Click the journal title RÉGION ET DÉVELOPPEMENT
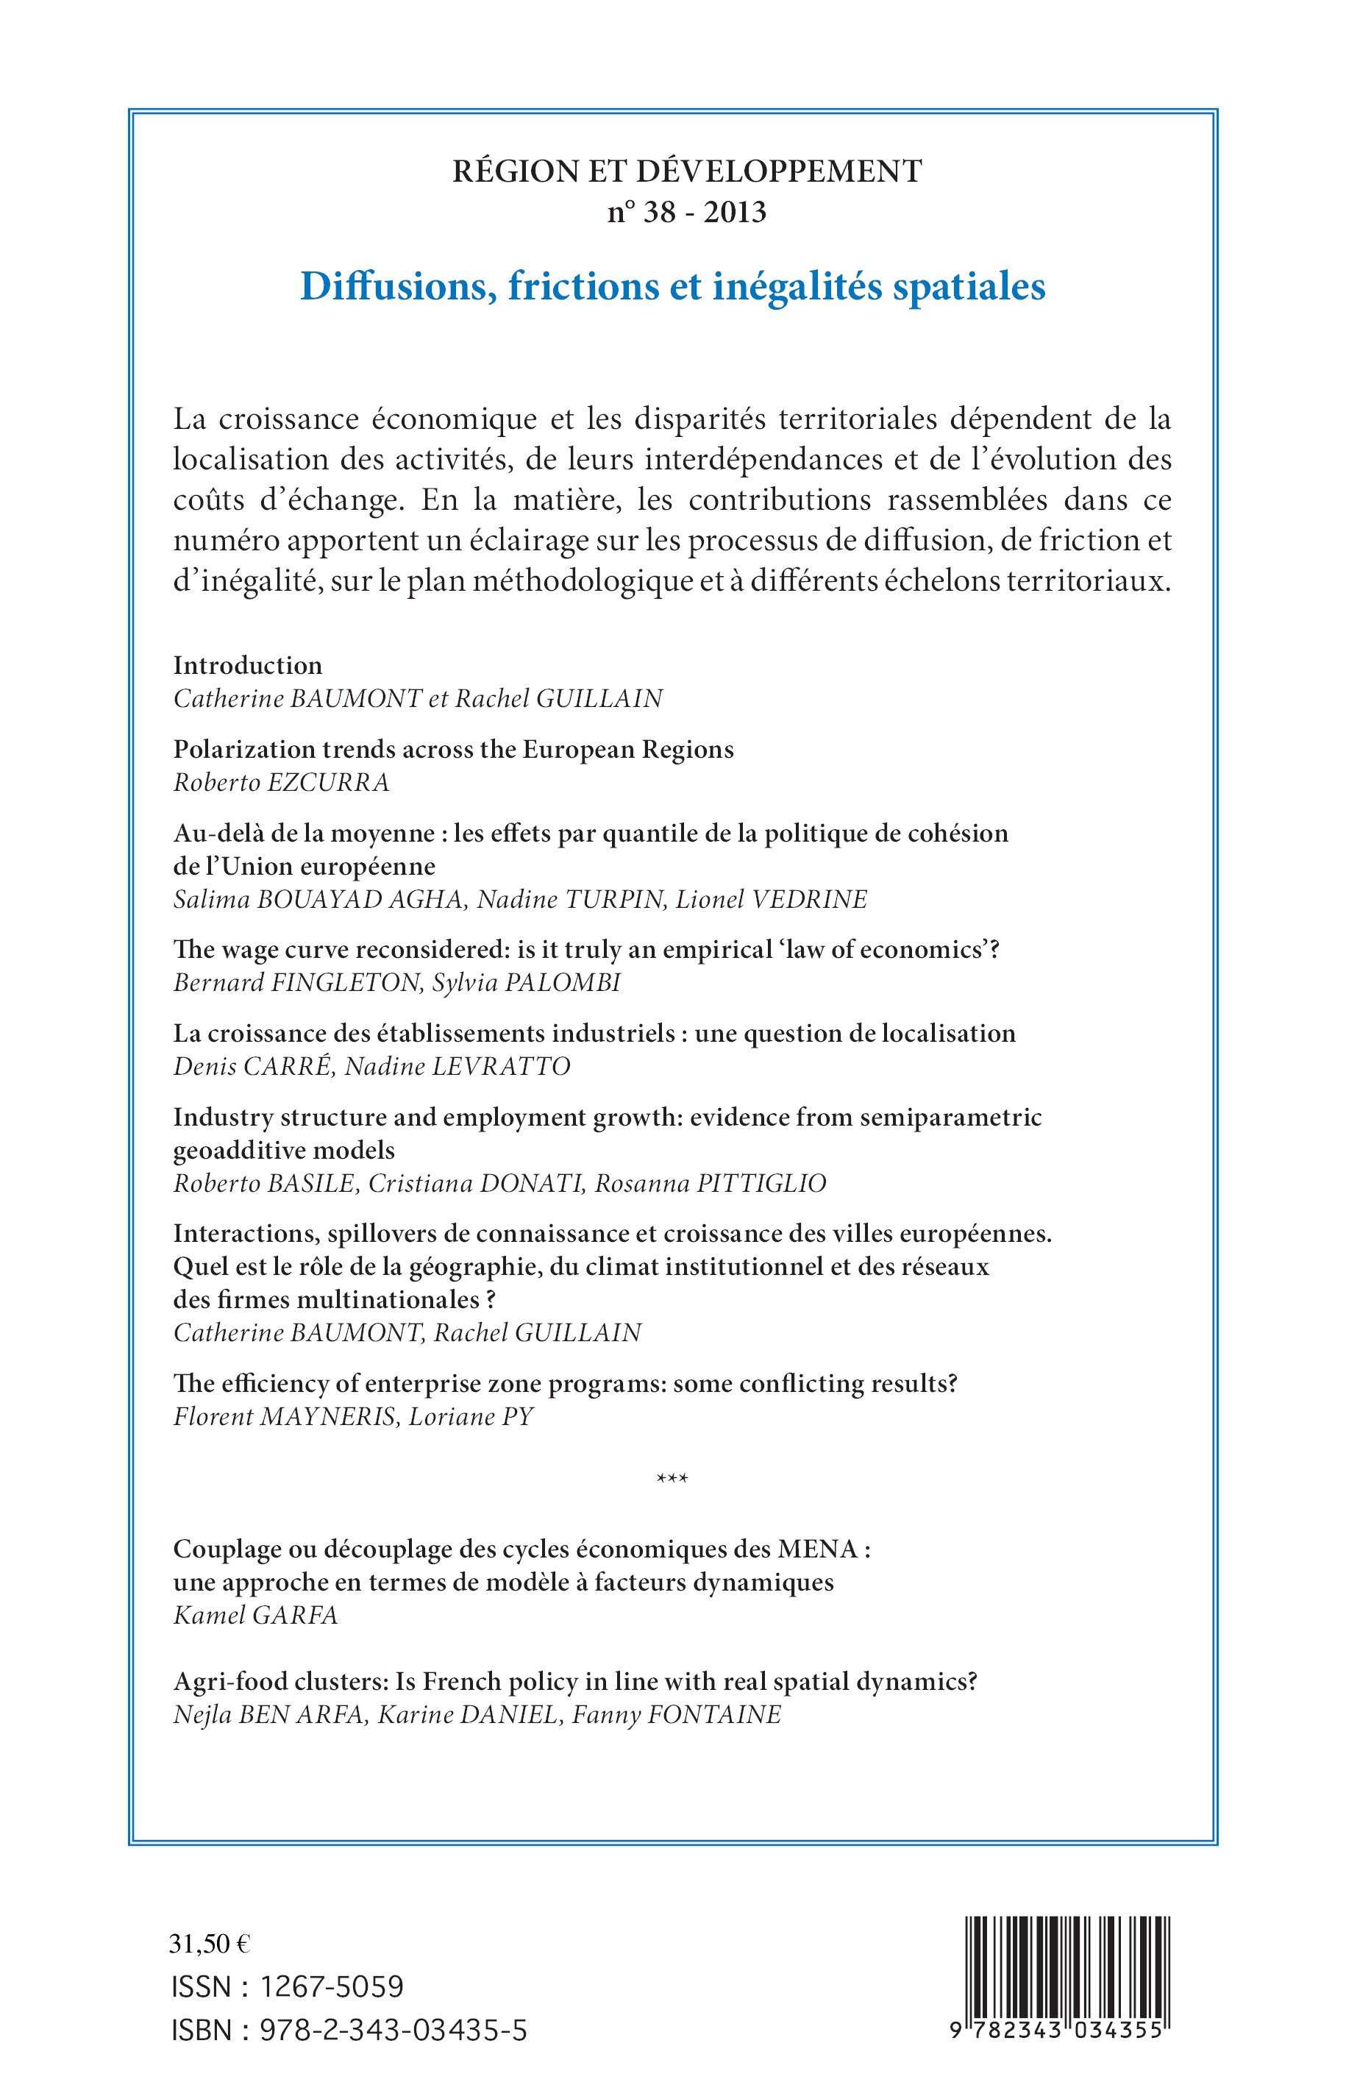point(687,171)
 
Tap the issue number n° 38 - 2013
point(687,213)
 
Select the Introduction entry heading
point(247,665)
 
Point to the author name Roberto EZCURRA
point(282,782)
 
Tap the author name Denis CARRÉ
point(252,1067)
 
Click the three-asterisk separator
point(672,1480)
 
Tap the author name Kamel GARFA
point(255,1616)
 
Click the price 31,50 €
point(210,1944)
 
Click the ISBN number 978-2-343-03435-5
point(394,2030)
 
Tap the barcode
point(1068,1975)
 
